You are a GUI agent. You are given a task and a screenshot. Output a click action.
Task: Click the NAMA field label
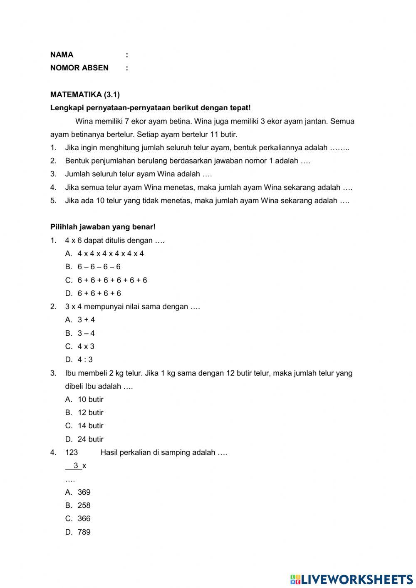[x=62, y=55]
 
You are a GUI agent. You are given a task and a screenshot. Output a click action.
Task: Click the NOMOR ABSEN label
[x=79, y=68]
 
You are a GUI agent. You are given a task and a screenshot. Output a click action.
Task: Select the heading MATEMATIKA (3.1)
[x=85, y=94]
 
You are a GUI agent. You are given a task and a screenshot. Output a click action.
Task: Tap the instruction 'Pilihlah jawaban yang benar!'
[x=103, y=227]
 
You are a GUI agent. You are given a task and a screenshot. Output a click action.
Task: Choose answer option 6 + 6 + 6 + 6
[x=99, y=293]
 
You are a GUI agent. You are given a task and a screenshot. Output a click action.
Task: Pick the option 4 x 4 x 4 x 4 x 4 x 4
[x=110, y=253]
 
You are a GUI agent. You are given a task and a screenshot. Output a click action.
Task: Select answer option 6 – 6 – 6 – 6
[x=99, y=267]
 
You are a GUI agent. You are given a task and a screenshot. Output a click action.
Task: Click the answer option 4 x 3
[x=86, y=346]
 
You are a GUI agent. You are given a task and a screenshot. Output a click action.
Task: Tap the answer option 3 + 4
[x=86, y=320]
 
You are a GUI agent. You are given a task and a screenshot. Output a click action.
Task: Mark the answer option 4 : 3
[x=85, y=360]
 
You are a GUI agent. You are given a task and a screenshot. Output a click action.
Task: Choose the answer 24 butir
[x=90, y=439]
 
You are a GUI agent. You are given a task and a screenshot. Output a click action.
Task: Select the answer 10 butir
[x=90, y=399]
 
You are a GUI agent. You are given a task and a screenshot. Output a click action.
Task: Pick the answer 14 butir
[x=90, y=426]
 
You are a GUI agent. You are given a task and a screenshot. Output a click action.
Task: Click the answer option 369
[x=84, y=492]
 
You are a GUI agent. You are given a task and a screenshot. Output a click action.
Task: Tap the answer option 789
[x=84, y=532]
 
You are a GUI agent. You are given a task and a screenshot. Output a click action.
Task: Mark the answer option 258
[x=84, y=505]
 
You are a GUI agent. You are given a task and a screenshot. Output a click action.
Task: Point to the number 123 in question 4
[x=71, y=452]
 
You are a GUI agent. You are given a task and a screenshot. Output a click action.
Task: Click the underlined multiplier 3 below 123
[x=76, y=466]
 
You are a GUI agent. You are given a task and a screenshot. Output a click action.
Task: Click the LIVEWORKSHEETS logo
[x=352, y=579]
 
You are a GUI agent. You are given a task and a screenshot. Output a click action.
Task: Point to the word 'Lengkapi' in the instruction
[x=67, y=108]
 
